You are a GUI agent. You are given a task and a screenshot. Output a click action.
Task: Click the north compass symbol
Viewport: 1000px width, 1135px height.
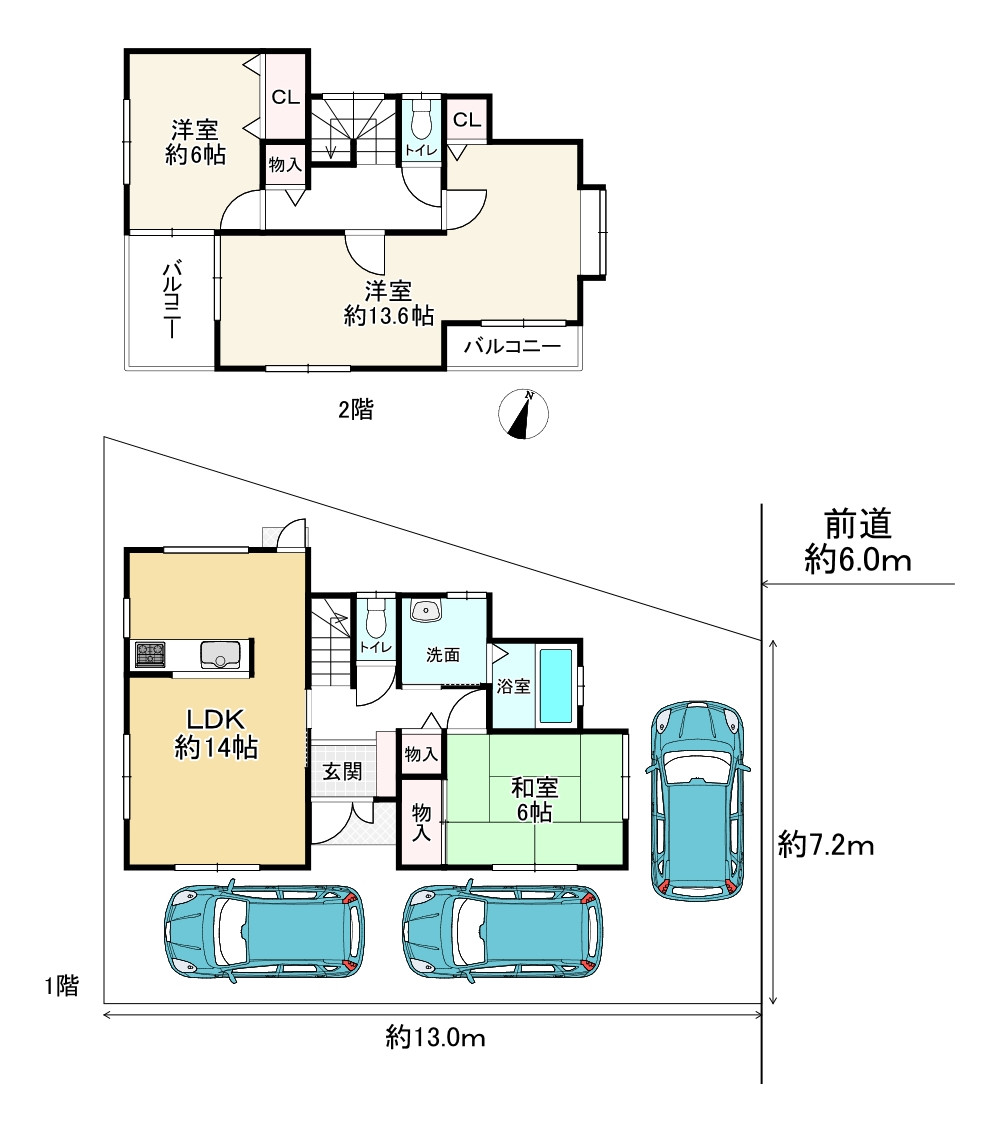[524, 414]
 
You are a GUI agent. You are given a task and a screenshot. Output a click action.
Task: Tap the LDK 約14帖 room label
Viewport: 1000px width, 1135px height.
[216, 733]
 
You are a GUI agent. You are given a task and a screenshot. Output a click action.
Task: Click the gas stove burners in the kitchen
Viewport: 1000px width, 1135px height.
[150, 654]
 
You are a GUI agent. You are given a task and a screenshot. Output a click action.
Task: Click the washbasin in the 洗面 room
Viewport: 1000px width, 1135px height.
[426, 610]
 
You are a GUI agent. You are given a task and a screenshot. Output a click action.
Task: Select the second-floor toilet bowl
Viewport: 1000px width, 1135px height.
[421, 119]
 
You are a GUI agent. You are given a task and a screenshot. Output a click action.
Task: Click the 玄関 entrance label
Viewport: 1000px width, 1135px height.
[342, 771]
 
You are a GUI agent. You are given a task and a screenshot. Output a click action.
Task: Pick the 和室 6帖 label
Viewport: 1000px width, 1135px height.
[534, 799]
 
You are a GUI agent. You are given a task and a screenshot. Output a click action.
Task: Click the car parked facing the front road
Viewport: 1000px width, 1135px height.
[699, 800]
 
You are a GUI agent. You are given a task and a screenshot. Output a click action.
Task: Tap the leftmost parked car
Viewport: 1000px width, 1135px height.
[264, 931]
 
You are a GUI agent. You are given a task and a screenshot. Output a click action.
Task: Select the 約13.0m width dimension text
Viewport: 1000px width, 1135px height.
[435, 1037]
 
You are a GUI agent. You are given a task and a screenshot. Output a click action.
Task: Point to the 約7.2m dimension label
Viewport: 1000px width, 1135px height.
[826, 845]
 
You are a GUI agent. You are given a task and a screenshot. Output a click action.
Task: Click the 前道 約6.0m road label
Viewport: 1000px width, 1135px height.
[858, 542]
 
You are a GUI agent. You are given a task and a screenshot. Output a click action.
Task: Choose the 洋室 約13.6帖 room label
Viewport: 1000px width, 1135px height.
[389, 303]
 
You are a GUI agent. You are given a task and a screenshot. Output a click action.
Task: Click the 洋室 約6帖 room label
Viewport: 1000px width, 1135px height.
[196, 143]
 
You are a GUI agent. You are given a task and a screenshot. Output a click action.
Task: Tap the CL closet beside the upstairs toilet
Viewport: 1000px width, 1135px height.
[467, 119]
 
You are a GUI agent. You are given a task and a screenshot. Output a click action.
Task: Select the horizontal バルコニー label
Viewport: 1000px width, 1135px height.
[513, 346]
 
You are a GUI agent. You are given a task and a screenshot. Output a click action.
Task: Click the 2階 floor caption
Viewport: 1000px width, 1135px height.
[356, 410]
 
